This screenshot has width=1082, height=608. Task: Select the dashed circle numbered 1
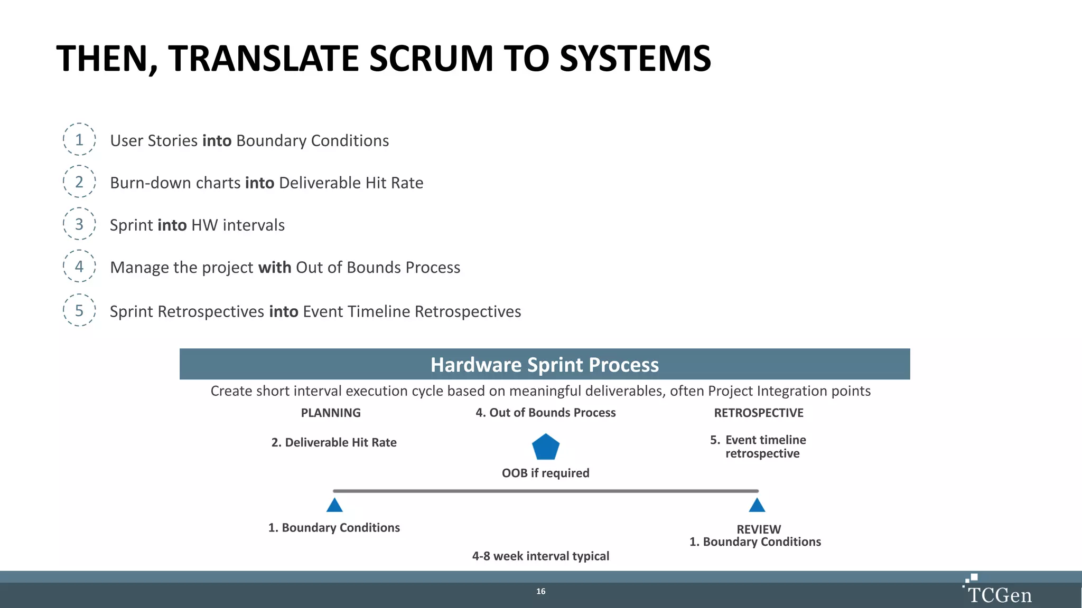pos(79,139)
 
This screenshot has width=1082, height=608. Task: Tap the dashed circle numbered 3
pos(79,224)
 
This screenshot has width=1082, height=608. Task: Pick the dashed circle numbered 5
pos(79,310)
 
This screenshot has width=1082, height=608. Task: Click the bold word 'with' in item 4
pos(274,267)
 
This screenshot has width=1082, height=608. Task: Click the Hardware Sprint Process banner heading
pos(545,365)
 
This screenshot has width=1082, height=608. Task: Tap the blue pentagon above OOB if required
pos(545,448)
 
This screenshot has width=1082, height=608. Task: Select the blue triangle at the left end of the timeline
pos(334,506)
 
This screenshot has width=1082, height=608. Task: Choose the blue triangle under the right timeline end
pos(757,506)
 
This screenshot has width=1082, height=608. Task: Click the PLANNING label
pos(331,413)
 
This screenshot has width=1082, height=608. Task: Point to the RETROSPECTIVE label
pos(759,413)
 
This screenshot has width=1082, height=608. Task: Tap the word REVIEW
pos(759,529)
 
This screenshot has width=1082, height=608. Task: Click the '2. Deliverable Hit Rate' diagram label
pos(334,442)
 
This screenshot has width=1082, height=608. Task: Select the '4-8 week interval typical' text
pos(540,556)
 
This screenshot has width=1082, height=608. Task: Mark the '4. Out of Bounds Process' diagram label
pos(545,413)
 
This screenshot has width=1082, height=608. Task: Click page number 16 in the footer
pos(540,591)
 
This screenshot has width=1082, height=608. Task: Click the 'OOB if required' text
pos(545,473)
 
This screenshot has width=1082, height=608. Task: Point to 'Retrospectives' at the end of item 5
pos(468,311)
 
